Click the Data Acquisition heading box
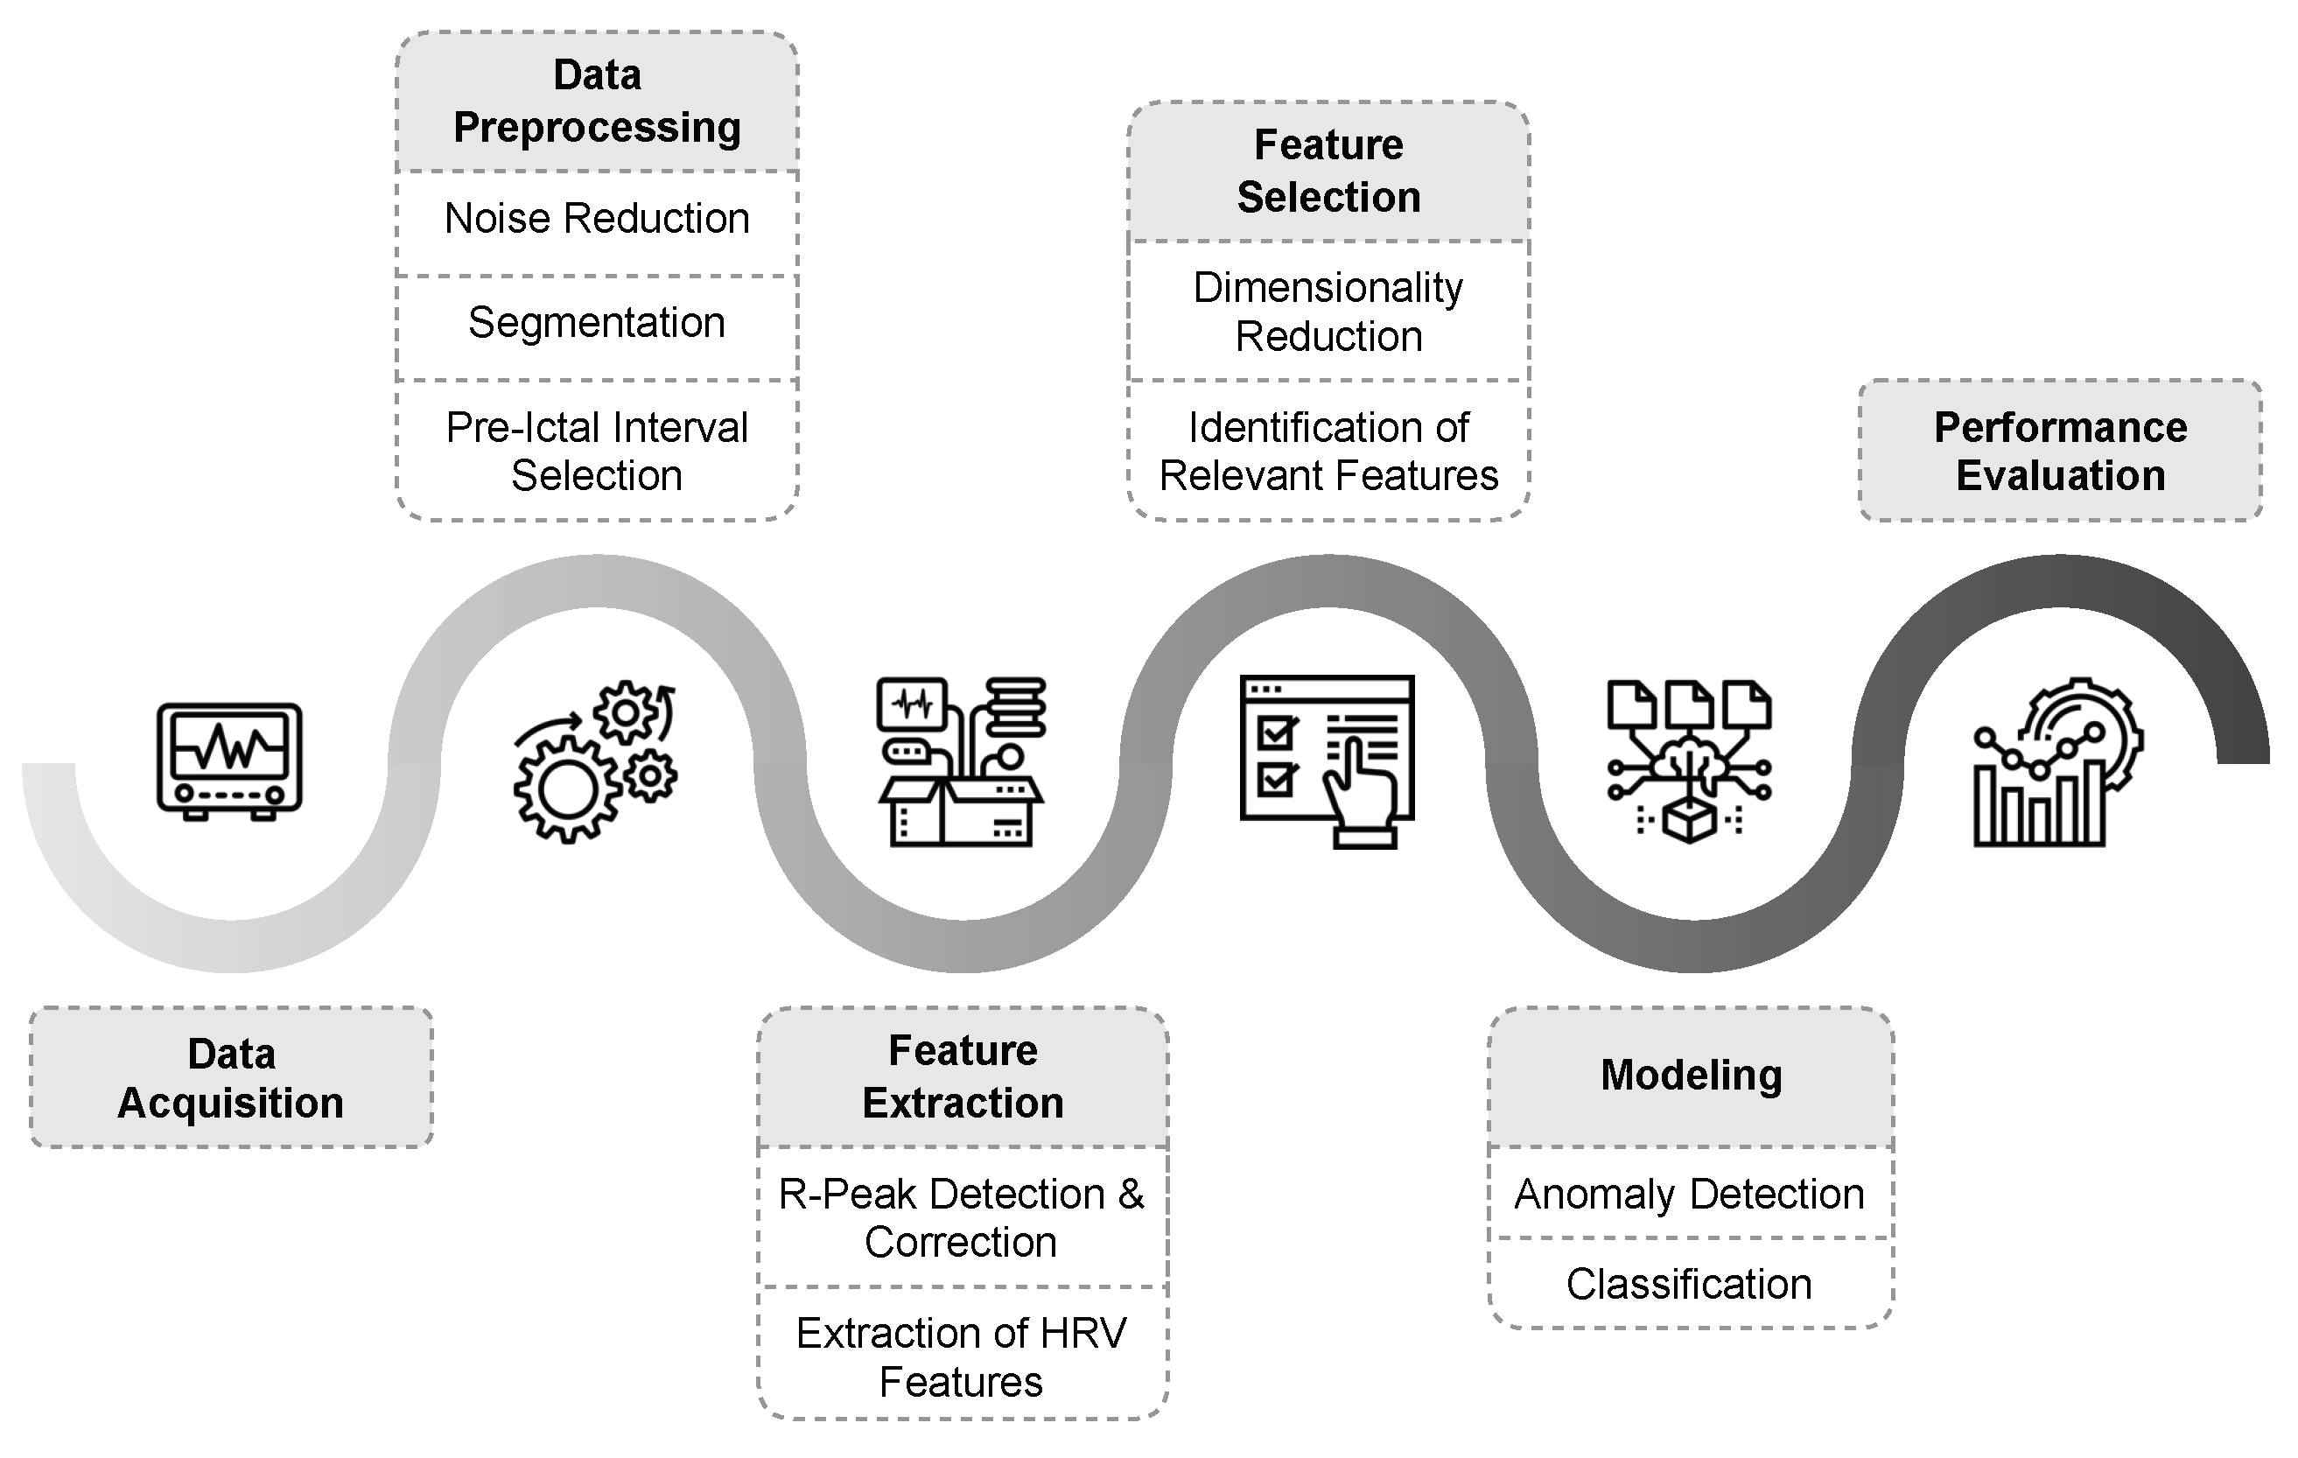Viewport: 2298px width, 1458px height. click(x=231, y=1078)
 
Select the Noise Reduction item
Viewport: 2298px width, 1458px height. click(x=597, y=220)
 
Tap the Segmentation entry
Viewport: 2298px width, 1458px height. click(x=597, y=323)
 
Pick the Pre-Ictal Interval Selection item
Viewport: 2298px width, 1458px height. click(x=597, y=452)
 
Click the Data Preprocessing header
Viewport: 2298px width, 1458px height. click(x=597, y=102)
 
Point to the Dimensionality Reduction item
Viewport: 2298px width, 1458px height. click(x=1328, y=312)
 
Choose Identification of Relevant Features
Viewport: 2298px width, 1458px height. click(x=1328, y=452)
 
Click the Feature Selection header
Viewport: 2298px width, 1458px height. click(x=1328, y=171)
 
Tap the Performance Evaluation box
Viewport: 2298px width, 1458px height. click(x=2060, y=452)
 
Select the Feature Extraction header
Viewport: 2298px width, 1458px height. click(x=963, y=1076)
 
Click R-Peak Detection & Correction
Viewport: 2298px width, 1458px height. click(x=962, y=1217)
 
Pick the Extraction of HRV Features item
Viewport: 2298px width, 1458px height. click(x=962, y=1356)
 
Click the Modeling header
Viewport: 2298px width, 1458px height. click(x=1691, y=1076)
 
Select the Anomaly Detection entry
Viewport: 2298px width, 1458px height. click(x=1690, y=1195)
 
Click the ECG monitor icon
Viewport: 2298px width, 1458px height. click(x=230, y=761)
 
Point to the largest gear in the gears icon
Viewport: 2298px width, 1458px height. click(x=568, y=790)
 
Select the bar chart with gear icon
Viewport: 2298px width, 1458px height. click(x=2056, y=763)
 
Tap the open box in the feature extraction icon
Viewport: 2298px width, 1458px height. click(x=960, y=811)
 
